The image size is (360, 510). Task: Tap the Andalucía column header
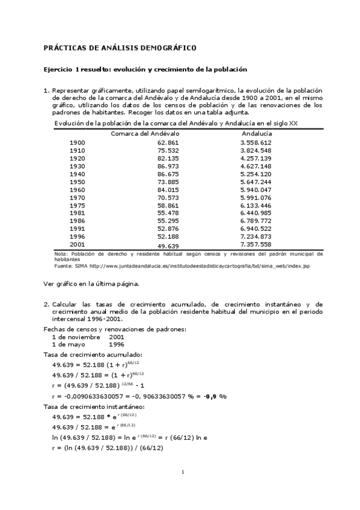pyautogui.click(x=257, y=133)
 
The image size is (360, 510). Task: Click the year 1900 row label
pyautogui.click(x=78, y=142)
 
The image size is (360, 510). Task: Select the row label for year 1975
pyautogui.click(x=78, y=204)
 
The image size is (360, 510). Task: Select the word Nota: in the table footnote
pyautogui.click(x=61, y=254)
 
